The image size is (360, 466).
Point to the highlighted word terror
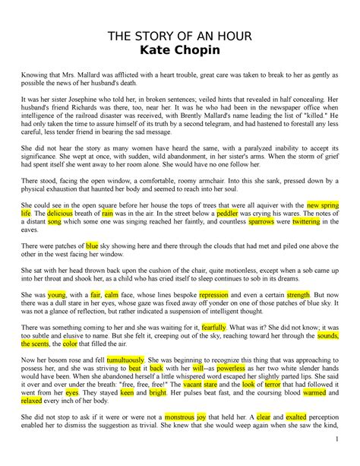pos(270,385)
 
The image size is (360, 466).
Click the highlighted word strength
pos(298,293)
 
